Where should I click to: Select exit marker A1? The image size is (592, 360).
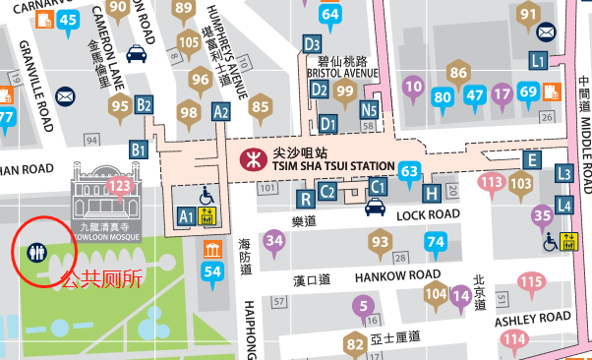[186, 213]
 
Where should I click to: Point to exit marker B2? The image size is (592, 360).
[145, 104]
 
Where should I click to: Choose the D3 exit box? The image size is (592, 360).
[313, 43]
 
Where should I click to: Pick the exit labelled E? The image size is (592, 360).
[532, 159]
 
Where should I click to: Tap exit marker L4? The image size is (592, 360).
[563, 205]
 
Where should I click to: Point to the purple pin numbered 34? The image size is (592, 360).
[274, 240]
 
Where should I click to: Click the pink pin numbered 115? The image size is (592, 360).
[531, 283]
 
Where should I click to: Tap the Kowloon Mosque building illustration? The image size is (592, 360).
[104, 195]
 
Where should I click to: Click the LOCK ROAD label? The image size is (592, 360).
[428, 214]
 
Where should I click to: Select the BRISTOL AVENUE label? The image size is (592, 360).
[343, 73]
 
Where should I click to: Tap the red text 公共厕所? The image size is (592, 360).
[102, 278]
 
